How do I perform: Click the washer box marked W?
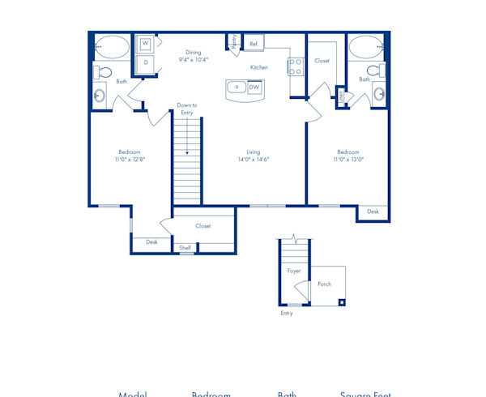tap(147, 44)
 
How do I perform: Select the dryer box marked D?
tap(147, 62)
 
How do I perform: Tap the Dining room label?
tap(193, 53)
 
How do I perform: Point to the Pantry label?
tap(234, 41)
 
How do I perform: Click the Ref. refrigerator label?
tap(254, 44)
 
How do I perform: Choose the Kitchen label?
tap(258, 67)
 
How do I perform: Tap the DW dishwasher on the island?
tap(254, 88)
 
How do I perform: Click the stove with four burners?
tap(296, 66)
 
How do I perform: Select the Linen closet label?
tap(341, 96)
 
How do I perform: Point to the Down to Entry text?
tap(187, 109)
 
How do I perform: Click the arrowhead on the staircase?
tap(187, 152)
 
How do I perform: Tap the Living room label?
tap(254, 152)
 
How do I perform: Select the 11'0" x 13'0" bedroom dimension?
tap(348, 160)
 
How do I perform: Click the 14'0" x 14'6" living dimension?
tap(254, 160)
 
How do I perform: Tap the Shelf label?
tap(185, 248)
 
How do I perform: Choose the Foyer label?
tap(294, 271)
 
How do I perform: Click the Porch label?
tap(324, 284)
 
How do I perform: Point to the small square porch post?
tap(342, 303)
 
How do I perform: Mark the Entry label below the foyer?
tap(287, 314)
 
